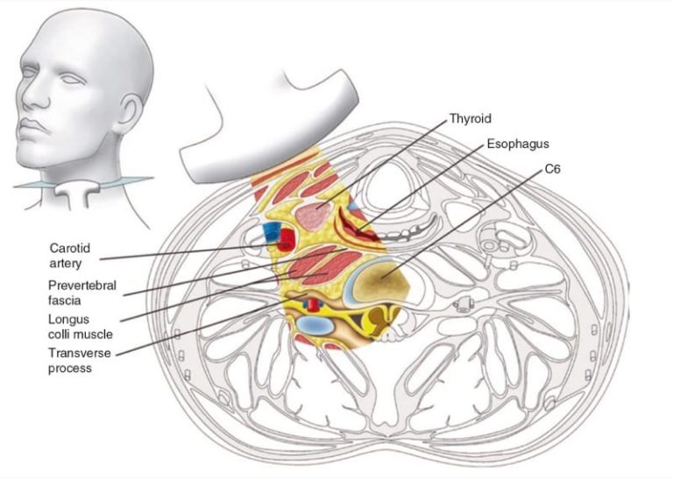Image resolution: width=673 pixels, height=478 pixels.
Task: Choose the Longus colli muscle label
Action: point(81,327)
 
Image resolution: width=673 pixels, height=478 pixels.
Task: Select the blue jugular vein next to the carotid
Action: point(272,232)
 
